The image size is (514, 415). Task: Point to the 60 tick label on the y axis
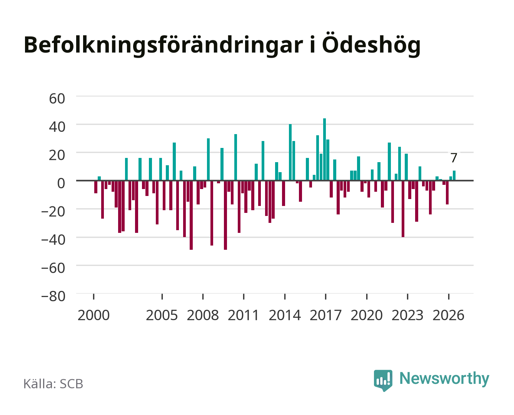pyautogui.click(x=57, y=99)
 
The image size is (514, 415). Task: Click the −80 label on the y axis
pyautogui.click(x=53, y=296)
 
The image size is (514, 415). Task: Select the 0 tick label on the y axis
pyautogui.click(x=61, y=183)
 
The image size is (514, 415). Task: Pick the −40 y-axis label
pyautogui.click(x=53, y=240)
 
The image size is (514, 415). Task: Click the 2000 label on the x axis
pyautogui.click(x=93, y=315)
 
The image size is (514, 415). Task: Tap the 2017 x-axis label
pyautogui.click(x=325, y=315)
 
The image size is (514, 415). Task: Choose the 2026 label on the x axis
pyautogui.click(x=448, y=315)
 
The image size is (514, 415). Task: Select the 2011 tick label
pyautogui.click(x=244, y=315)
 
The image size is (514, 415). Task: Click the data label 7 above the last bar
pyautogui.click(x=454, y=158)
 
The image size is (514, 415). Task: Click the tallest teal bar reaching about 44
pyautogui.click(x=324, y=149)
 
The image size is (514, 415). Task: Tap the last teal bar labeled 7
pyautogui.click(x=454, y=176)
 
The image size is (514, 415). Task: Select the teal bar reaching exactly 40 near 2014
pyautogui.click(x=290, y=152)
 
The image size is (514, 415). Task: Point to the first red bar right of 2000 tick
pyautogui.click(x=96, y=187)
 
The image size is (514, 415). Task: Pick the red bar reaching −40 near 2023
pyautogui.click(x=403, y=209)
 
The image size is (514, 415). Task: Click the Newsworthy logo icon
pyautogui.click(x=383, y=380)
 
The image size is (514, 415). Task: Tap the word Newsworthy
pyautogui.click(x=444, y=378)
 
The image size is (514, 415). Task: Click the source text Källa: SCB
pyautogui.click(x=53, y=383)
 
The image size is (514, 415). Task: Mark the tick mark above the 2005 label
pyautogui.click(x=162, y=297)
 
